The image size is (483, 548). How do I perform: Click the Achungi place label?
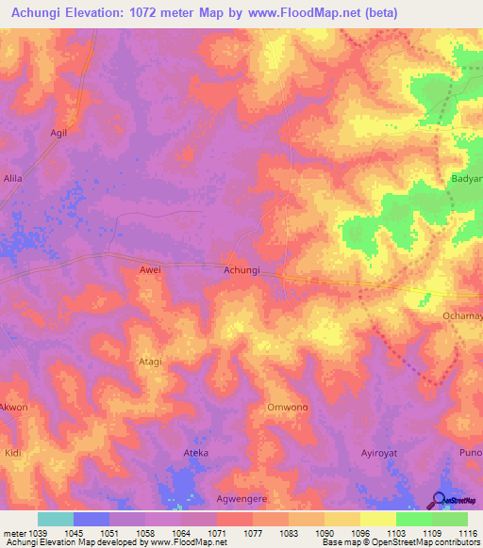click(x=241, y=270)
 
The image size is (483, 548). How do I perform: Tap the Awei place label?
click(x=151, y=270)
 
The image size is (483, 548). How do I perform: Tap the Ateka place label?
click(x=195, y=452)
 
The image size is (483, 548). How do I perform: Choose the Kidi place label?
click(x=12, y=453)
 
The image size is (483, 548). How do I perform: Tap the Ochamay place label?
click(x=462, y=316)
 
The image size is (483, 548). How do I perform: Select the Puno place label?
click(x=471, y=453)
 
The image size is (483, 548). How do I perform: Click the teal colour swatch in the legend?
click(x=56, y=519)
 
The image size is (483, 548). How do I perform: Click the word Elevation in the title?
click(x=113, y=13)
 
